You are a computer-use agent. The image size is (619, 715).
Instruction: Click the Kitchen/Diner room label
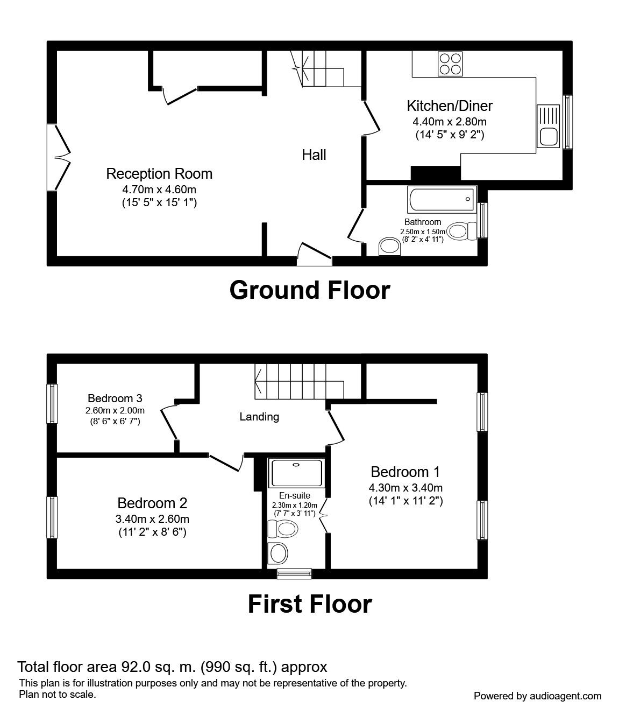tap(449, 106)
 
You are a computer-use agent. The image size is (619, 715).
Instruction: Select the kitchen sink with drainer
tap(548, 126)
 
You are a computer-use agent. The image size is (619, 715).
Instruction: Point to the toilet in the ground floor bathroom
tap(462, 232)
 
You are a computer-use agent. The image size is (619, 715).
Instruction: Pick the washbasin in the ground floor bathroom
tap(389, 247)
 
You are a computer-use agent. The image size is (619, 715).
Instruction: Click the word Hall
tap(314, 155)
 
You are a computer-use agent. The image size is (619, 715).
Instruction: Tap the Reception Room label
tap(159, 174)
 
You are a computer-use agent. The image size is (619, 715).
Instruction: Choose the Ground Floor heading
tap(309, 290)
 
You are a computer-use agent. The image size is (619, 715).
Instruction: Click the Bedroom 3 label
tap(115, 398)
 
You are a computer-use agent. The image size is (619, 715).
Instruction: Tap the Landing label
tap(259, 416)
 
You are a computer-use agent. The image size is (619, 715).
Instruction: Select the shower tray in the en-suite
tap(296, 473)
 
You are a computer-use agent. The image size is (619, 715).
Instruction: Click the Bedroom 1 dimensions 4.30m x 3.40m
tap(405, 488)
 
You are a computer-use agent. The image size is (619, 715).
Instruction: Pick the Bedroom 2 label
tap(152, 503)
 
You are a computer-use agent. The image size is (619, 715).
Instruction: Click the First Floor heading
tap(309, 604)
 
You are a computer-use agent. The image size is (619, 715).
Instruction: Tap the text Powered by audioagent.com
tap(537, 696)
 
